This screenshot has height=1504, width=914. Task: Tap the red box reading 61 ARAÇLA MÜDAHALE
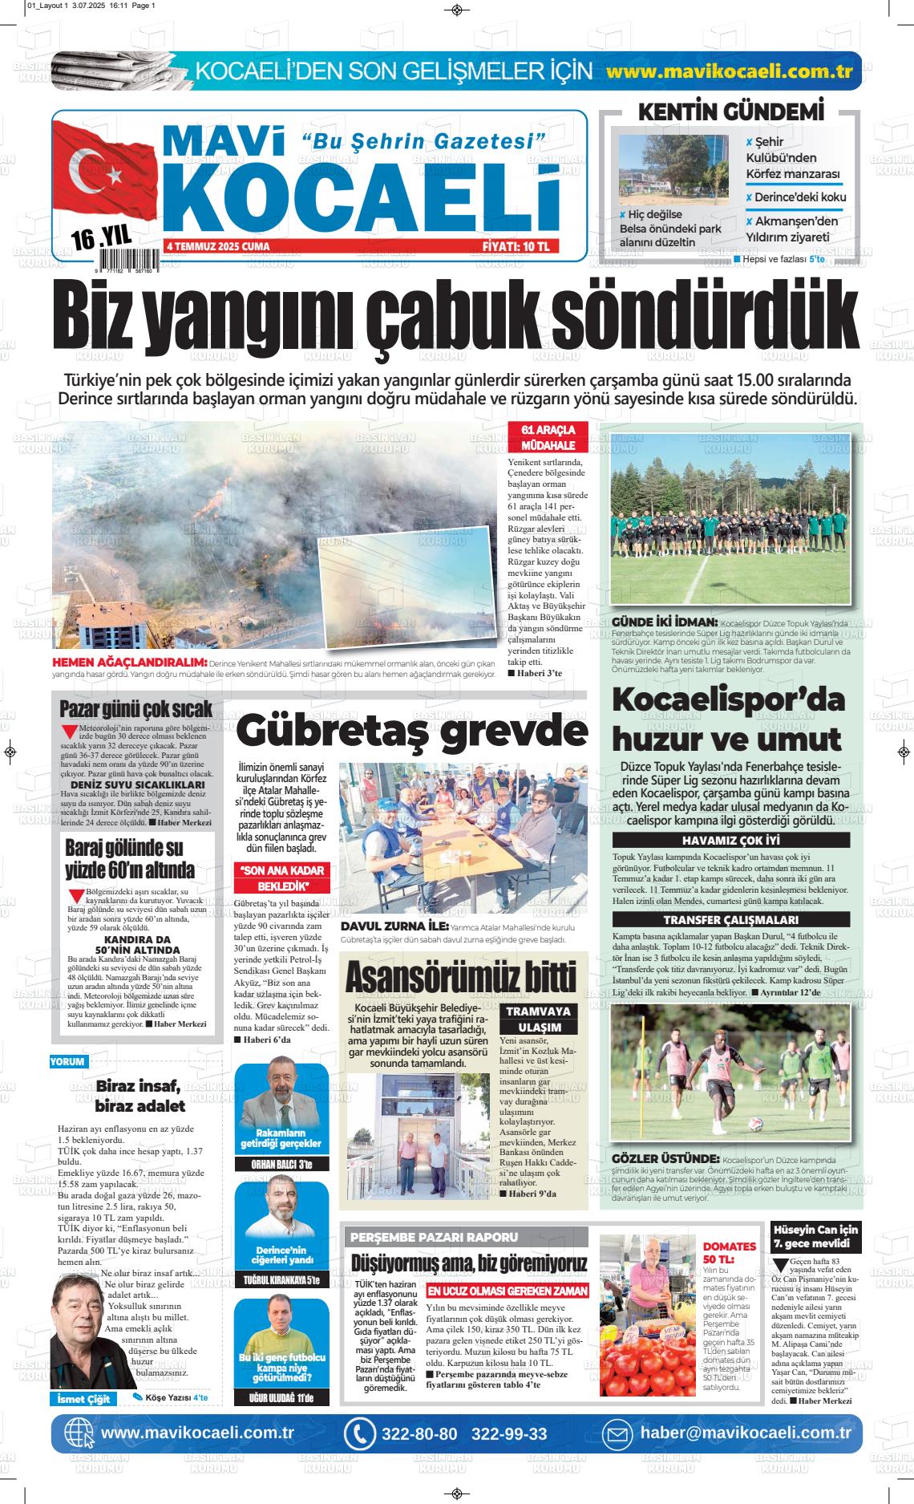548,437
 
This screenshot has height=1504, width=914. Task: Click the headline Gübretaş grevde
412,731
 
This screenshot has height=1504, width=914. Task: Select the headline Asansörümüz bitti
460,976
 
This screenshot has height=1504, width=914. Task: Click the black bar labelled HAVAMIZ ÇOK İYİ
730,841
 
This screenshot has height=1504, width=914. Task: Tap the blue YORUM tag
67,1061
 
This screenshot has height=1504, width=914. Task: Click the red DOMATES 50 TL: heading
730,1253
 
